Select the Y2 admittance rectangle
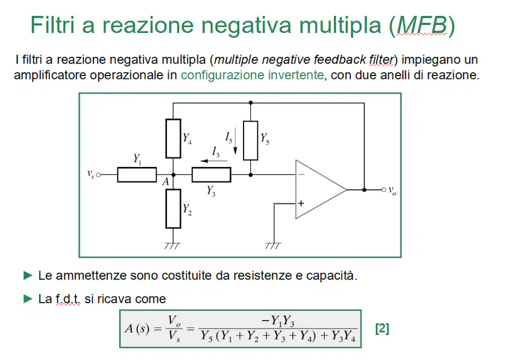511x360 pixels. (x=173, y=208)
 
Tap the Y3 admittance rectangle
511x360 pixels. (x=211, y=175)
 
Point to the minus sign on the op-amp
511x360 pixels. (x=301, y=175)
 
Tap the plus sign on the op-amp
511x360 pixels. (x=301, y=204)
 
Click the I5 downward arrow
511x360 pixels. (x=235, y=141)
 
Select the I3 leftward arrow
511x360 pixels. (x=213, y=161)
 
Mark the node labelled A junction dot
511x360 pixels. (x=173, y=175)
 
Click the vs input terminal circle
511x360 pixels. (x=98, y=175)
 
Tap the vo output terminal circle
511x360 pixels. (x=384, y=190)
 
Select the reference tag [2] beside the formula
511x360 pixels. (x=382, y=328)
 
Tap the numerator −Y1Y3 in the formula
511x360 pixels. (x=278, y=321)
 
